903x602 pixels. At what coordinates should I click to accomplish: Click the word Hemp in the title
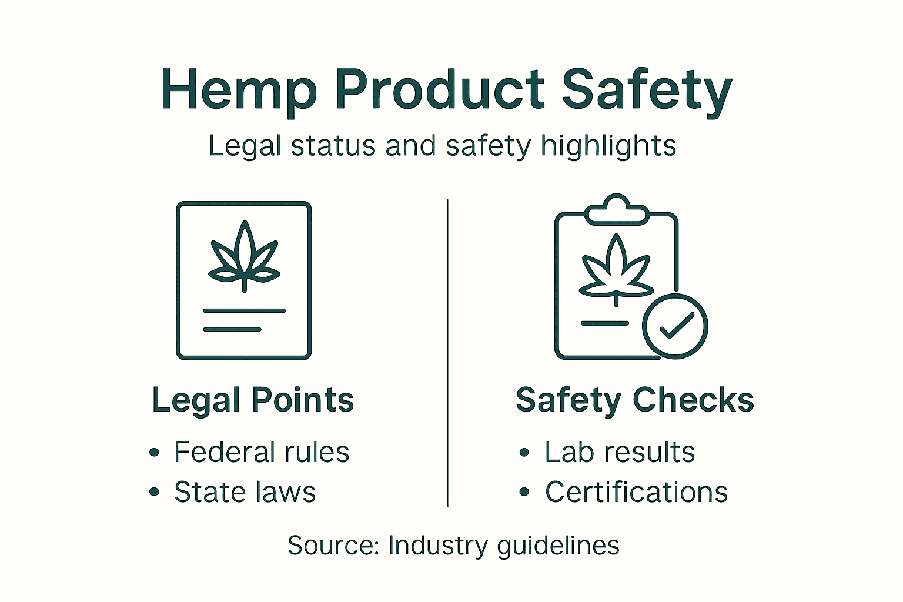click(238, 90)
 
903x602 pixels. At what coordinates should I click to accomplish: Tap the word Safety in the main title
click(647, 90)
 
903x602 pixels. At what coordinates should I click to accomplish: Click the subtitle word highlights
click(608, 146)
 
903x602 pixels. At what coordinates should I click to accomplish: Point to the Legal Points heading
click(253, 400)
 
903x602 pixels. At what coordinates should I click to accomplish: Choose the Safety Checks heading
click(634, 400)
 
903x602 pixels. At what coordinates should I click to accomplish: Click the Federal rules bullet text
click(262, 452)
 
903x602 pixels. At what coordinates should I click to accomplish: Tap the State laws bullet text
click(245, 492)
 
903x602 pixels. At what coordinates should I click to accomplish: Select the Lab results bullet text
click(620, 452)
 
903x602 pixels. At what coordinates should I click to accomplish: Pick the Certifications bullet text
click(636, 492)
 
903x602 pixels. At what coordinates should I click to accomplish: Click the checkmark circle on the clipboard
click(675, 326)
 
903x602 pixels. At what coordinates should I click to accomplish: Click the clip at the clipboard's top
click(617, 209)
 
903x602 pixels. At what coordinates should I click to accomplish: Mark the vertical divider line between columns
click(447, 353)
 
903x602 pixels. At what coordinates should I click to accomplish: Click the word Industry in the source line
click(438, 546)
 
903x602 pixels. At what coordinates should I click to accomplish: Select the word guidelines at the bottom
click(558, 546)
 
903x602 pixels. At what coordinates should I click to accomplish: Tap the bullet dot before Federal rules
click(154, 452)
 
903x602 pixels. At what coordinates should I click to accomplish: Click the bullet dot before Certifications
click(524, 492)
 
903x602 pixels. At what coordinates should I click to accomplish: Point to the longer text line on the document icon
click(244, 310)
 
